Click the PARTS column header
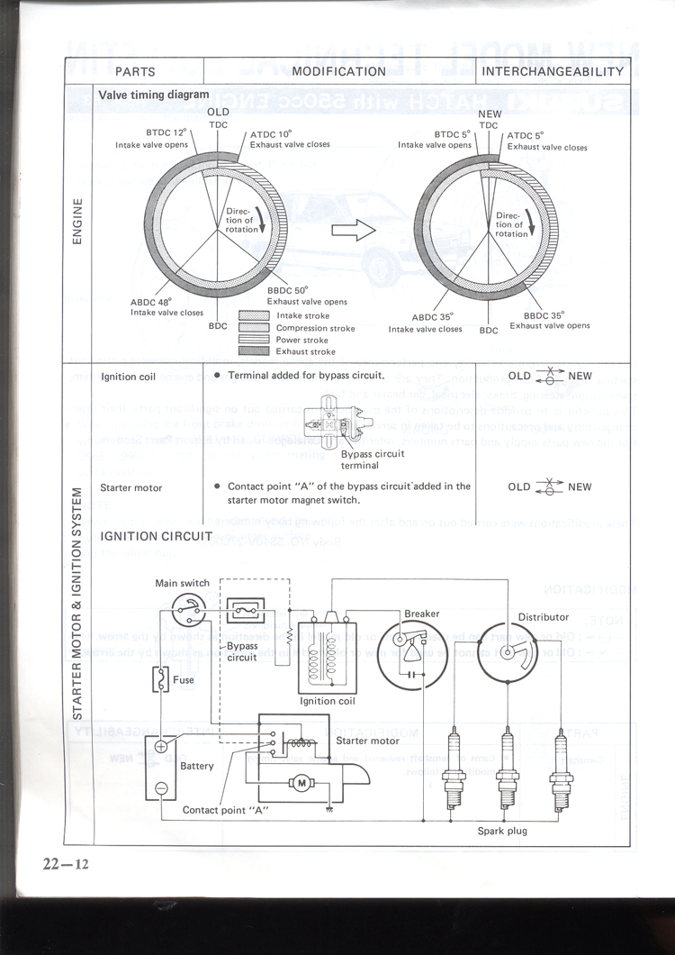[135, 71]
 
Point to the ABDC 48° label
[156, 303]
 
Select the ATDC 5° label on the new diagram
[528, 136]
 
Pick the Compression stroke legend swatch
[255, 328]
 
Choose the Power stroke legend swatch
[255, 341]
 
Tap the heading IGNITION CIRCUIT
[157, 537]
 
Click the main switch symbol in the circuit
[190, 608]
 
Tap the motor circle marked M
[301, 783]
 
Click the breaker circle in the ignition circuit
[409, 651]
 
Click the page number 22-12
[65, 865]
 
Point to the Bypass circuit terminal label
[373, 459]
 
